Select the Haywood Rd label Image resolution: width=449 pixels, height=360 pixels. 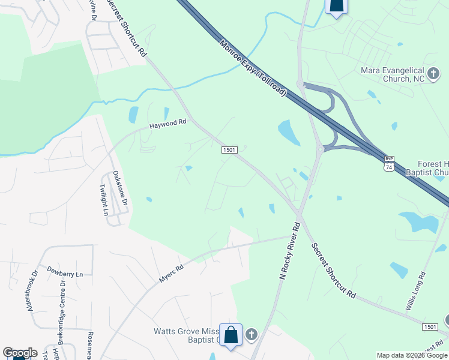(x=168, y=124)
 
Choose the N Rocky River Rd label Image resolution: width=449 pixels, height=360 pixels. (x=289, y=251)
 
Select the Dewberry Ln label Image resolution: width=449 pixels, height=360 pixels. (x=64, y=273)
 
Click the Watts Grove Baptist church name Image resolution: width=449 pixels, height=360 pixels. (x=186, y=335)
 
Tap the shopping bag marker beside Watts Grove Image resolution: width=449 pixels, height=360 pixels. (x=231, y=335)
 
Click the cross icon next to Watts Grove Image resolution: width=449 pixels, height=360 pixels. (x=251, y=334)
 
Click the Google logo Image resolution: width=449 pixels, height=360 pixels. (x=20, y=353)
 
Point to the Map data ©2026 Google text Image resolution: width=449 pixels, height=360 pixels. (x=412, y=355)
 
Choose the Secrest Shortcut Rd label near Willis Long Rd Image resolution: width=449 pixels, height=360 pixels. (x=333, y=271)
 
